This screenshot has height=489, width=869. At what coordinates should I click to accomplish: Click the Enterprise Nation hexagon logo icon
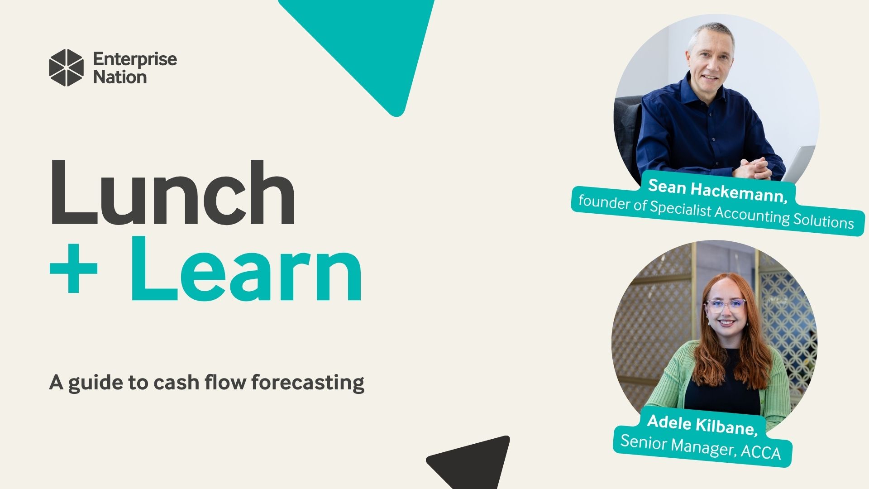tap(66, 67)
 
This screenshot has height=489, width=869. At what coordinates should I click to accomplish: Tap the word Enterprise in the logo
tap(135, 59)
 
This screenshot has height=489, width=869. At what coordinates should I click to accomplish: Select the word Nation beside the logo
tap(120, 77)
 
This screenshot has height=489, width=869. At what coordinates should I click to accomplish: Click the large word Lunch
tap(172, 192)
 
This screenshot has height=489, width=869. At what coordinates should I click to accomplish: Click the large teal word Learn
tap(246, 269)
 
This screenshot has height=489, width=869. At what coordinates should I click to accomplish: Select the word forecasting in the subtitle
tap(308, 383)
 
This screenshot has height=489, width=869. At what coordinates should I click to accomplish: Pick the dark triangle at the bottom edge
tap(473, 464)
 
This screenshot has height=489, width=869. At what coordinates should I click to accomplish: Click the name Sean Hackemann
tap(718, 191)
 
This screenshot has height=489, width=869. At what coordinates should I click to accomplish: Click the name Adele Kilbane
tap(702, 424)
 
